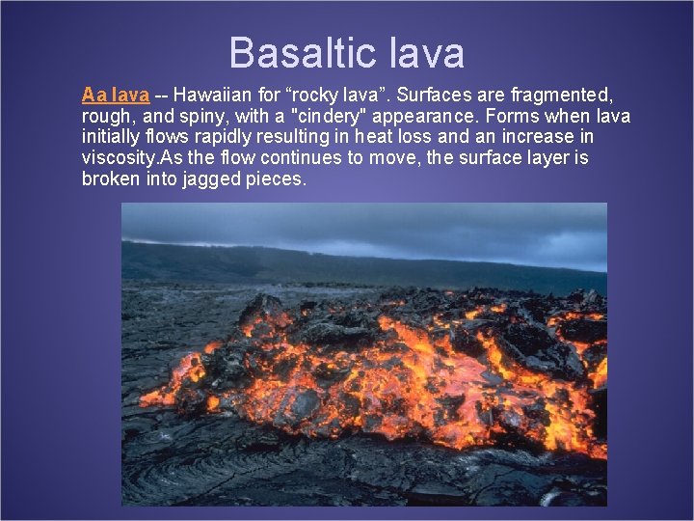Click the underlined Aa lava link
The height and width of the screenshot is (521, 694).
pyautogui.click(x=116, y=96)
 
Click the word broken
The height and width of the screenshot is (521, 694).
pyautogui.click(x=109, y=178)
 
